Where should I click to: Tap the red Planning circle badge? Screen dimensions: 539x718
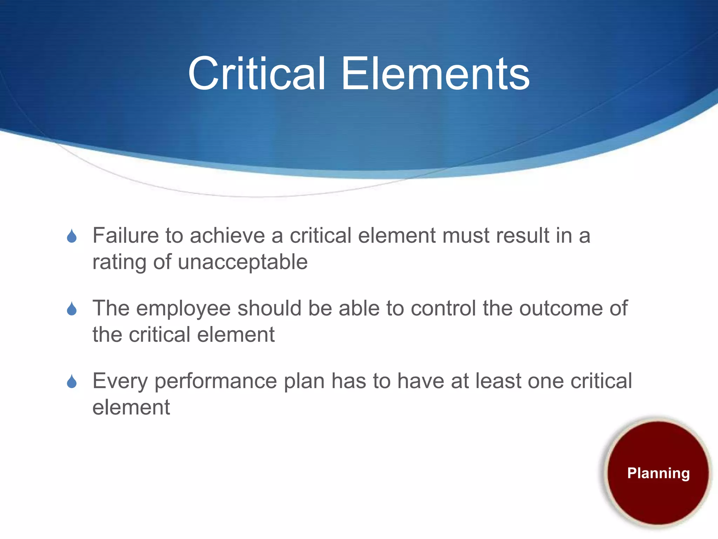(x=658, y=473)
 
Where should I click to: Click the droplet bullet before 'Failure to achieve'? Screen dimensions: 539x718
(x=72, y=236)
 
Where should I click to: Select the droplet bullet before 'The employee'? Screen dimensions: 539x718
(x=72, y=309)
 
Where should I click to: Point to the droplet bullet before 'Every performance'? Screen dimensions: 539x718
(x=72, y=381)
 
